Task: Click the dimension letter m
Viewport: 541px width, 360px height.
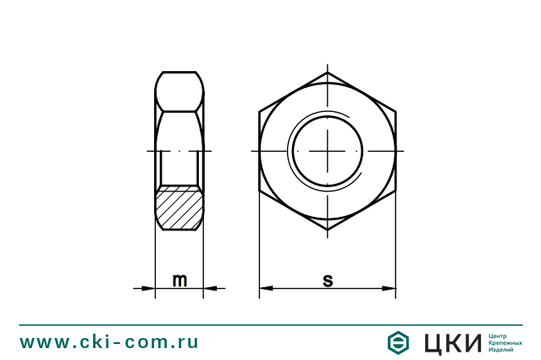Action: tap(179, 280)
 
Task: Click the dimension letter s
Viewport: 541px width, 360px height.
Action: tap(328, 280)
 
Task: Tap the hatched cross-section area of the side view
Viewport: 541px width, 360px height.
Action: tap(179, 208)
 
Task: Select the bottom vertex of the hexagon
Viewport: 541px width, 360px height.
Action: tap(328, 230)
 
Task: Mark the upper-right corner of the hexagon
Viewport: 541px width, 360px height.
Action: tap(396, 111)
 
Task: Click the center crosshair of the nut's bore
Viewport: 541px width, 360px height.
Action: tap(328, 151)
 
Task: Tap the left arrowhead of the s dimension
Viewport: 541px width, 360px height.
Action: tap(265, 289)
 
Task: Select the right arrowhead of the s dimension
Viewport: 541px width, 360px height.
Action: tap(390, 289)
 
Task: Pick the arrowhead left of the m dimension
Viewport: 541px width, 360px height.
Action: tap(150, 289)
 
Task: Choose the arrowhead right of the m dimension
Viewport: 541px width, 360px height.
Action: tap(209, 289)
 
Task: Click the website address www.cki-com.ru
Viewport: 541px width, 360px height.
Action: tap(109, 342)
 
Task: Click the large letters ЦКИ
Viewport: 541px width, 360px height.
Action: tap(450, 342)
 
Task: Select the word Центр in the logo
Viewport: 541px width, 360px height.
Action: tap(499, 335)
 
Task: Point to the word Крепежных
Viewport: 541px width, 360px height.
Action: tap(505, 342)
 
